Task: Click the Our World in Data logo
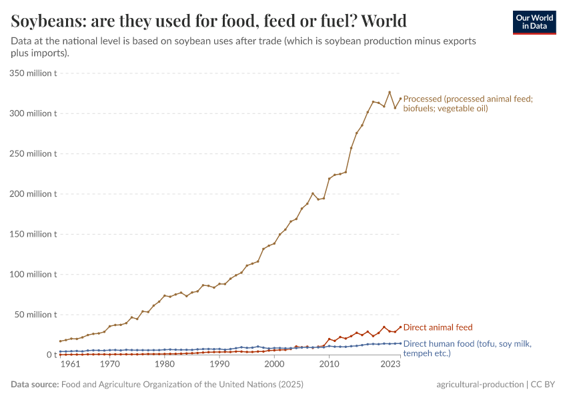[534, 23]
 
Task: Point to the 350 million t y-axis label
[33, 73]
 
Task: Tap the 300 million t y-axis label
[33, 113]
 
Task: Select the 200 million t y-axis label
[33, 194]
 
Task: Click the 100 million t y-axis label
[33, 274]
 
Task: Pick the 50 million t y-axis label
[35, 315]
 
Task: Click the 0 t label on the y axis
[51, 355]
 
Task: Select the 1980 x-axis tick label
[164, 365]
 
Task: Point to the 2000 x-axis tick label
[273, 365]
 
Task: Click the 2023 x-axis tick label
[390, 365]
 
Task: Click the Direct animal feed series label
[438, 327]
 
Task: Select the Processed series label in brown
[468, 103]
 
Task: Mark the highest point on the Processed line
[390, 93]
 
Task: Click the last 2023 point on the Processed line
[400, 99]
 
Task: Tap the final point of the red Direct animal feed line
[400, 327]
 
